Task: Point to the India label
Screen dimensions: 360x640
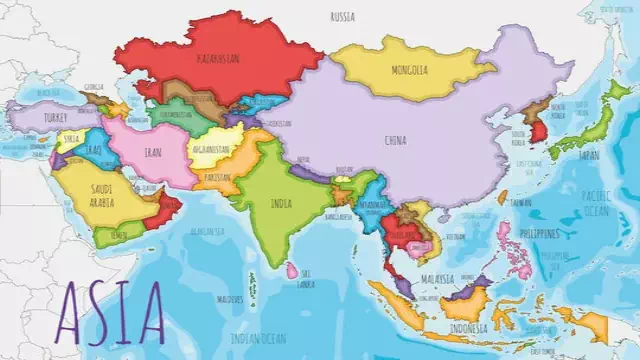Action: [283, 203]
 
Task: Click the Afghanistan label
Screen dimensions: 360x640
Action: [210, 150]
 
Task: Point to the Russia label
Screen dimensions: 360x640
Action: [342, 17]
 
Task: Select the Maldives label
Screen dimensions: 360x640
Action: [231, 298]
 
